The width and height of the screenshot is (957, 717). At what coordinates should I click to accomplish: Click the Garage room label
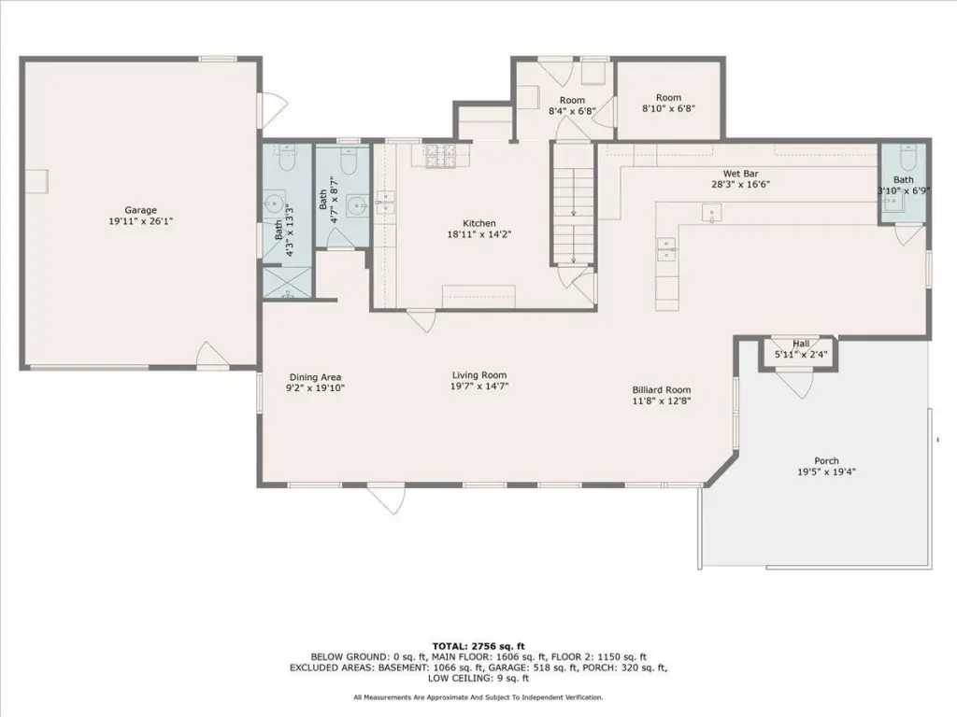point(141,210)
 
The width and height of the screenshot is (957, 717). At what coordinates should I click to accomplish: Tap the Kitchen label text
point(479,223)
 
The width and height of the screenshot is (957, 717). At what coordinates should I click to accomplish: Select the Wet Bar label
point(740,174)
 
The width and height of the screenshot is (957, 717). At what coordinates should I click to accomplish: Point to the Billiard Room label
point(662,389)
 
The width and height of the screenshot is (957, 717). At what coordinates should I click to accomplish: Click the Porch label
point(826,461)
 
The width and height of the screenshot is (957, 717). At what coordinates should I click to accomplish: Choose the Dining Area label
point(315,377)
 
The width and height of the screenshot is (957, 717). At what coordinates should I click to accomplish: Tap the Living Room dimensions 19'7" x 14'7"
point(479,386)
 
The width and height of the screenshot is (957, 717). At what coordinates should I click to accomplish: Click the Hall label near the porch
point(801,344)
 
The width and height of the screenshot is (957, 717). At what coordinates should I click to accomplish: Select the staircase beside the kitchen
point(573,203)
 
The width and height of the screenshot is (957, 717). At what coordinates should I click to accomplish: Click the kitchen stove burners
point(439,156)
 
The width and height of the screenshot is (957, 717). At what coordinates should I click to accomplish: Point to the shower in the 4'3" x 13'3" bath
point(287,282)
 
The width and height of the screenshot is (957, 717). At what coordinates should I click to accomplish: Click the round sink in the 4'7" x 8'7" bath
point(356,205)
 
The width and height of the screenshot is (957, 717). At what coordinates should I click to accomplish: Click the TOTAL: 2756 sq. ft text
point(478,646)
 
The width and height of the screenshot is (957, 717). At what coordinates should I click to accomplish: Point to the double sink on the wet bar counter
point(665,248)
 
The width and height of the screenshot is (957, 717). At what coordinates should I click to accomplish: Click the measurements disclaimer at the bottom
point(478,696)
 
